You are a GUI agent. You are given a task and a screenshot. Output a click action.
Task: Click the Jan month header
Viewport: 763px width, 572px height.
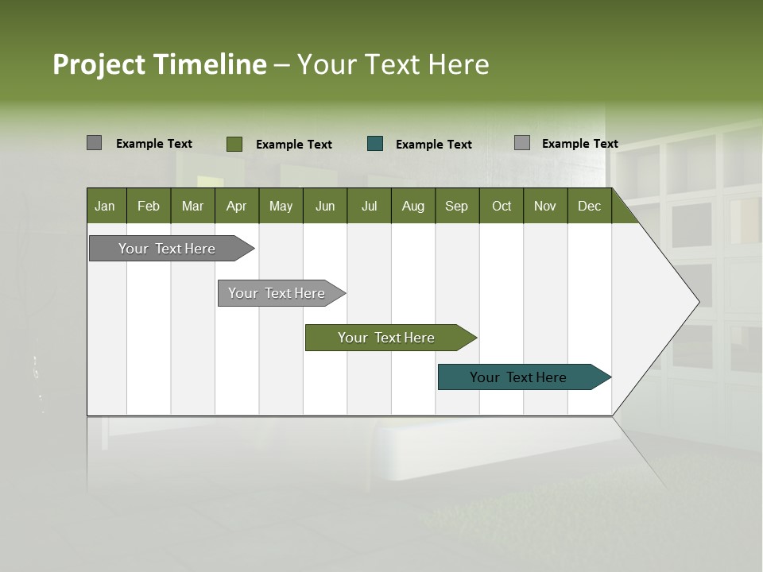(x=105, y=206)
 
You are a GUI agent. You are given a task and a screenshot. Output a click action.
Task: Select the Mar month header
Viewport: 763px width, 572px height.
(x=192, y=206)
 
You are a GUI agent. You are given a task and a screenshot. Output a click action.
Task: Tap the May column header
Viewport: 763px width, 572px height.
(x=281, y=206)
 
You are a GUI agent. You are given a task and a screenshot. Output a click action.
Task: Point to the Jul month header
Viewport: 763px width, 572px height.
(x=369, y=206)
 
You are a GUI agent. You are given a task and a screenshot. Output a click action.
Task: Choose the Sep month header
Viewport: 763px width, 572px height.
(x=456, y=206)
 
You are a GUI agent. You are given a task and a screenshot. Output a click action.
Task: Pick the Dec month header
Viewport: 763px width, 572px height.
(x=589, y=206)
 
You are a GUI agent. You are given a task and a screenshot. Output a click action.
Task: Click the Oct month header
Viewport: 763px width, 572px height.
(x=502, y=206)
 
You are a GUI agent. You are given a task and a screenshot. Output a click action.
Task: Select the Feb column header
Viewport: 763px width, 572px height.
(x=149, y=206)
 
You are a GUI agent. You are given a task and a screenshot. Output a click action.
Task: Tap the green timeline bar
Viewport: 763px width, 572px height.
(x=387, y=338)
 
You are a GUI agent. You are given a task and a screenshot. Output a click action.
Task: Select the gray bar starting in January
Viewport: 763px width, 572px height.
(x=168, y=249)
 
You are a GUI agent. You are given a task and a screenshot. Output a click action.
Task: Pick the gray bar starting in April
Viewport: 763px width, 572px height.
(x=277, y=293)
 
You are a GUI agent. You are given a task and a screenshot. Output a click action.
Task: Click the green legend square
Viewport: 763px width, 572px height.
(x=234, y=144)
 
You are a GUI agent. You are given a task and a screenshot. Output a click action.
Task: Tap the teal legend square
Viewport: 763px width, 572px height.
(x=375, y=144)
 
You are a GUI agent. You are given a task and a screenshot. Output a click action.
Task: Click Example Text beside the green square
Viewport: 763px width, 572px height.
(x=294, y=145)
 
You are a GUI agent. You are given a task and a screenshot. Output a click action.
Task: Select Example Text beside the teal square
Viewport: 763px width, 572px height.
(x=434, y=145)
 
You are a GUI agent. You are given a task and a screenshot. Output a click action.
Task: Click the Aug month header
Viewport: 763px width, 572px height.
(x=412, y=206)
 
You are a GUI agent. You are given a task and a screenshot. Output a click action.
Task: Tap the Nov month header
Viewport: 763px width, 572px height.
(x=545, y=206)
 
